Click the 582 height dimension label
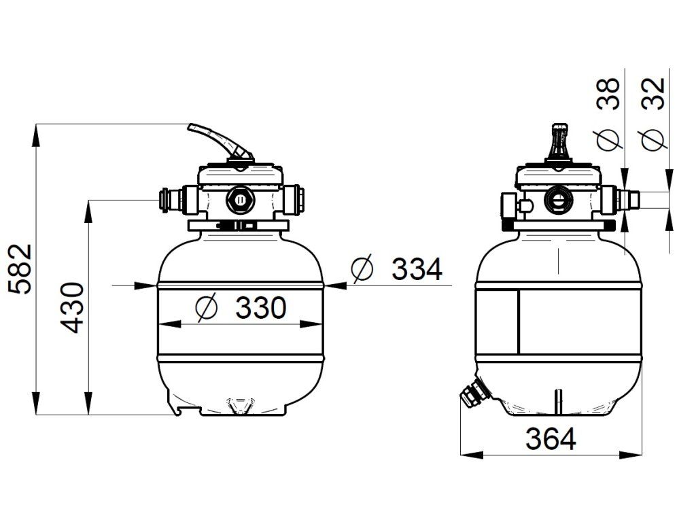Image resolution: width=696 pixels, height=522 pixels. pos(20,269)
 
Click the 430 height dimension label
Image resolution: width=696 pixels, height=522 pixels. pos(72,308)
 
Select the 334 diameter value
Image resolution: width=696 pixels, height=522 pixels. pos(417,269)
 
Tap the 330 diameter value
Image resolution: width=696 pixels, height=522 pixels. pos(261,308)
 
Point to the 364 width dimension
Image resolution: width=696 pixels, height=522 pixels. pos(551,439)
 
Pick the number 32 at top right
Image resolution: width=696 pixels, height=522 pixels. pos(653,94)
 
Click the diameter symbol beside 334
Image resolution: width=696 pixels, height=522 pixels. pos(362,269)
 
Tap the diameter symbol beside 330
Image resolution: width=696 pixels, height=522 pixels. pos(207,307)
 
